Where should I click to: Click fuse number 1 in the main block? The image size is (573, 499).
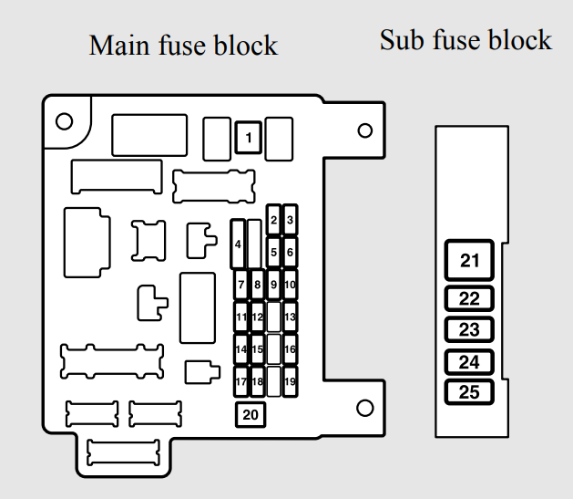tap(249, 139)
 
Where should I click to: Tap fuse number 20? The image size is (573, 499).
tap(251, 415)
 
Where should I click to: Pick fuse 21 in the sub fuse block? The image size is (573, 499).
tap(469, 262)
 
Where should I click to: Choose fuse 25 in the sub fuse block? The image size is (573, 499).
tap(469, 393)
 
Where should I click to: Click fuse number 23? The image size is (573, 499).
tap(469, 330)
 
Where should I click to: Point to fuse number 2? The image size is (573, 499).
tap(273, 220)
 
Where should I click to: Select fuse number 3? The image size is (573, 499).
tap(290, 220)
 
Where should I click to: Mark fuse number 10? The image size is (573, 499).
tap(290, 285)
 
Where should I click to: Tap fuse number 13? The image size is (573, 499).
tap(290, 317)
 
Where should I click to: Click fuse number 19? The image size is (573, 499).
tap(290, 381)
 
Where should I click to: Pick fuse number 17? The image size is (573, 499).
tap(241, 381)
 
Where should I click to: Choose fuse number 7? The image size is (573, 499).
tap(241, 285)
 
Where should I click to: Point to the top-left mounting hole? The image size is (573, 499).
tap(65, 120)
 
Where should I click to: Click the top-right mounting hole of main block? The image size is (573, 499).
tap(365, 130)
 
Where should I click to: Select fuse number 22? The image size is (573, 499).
tap(469, 298)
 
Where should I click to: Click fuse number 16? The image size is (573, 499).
tap(290, 349)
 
